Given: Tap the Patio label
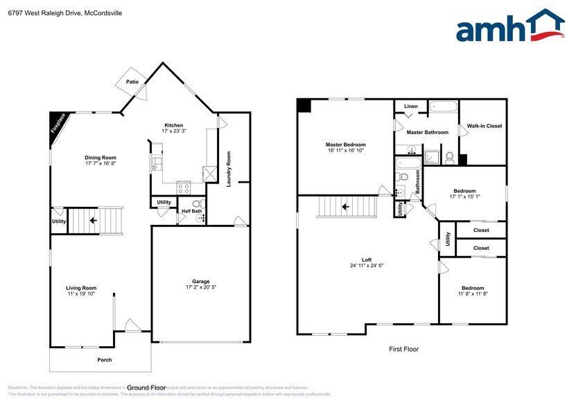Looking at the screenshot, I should pyautogui.click(x=132, y=82).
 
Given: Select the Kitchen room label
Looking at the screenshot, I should pyautogui.click(x=173, y=125).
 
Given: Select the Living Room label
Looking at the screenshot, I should pyautogui.click(x=81, y=288).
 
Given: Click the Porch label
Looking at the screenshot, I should pyautogui.click(x=104, y=360).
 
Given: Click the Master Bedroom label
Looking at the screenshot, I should pyautogui.click(x=345, y=145).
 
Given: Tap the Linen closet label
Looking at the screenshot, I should pyautogui.click(x=411, y=107).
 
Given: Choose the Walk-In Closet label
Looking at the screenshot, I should pyautogui.click(x=485, y=126).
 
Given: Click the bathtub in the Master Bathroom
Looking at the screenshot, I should pyautogui.click(x=443, y=107).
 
